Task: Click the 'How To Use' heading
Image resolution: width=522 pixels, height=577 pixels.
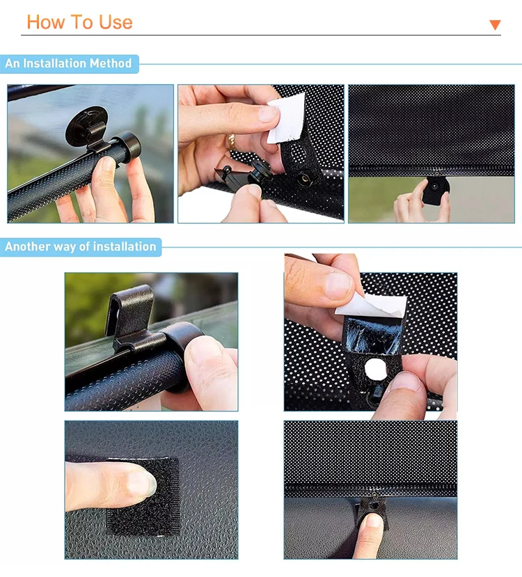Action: pyautogui.click(x=79, y=22)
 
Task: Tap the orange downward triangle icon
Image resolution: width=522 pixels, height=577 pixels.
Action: pyautogui.click(x=495, y=25)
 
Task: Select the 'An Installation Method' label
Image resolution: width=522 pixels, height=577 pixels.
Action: pyautogui.click(x=68, y=63)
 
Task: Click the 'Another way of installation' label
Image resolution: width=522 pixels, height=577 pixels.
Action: pyautogui.click(x=81, y=246)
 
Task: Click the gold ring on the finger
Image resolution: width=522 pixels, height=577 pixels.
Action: pyautogui.click(x=231, y=141)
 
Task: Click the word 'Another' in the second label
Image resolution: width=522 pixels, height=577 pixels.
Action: pyautogui.click(x=29, y=246)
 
